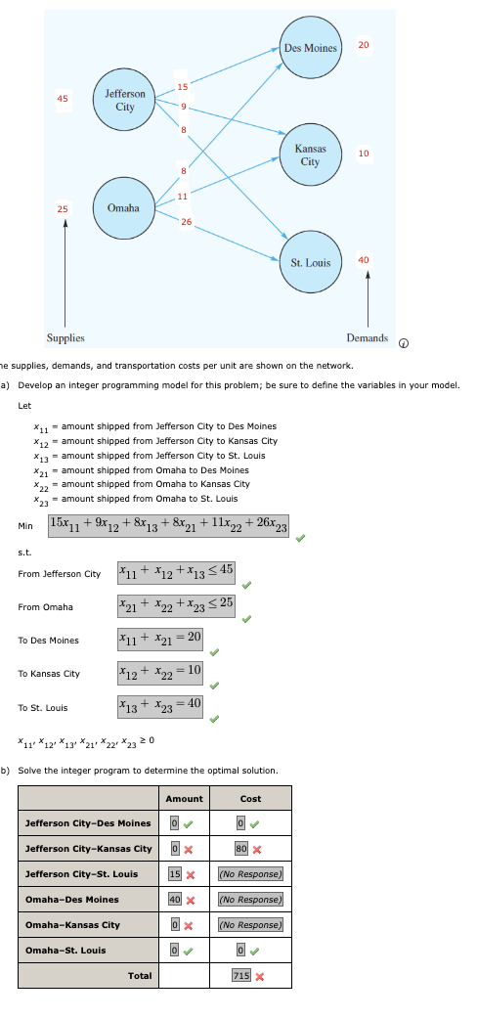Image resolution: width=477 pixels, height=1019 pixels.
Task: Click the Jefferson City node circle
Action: pos(125,100)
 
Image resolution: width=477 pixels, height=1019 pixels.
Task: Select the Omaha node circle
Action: pos(123,208)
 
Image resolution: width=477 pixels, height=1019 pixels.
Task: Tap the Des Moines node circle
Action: pos(310,48)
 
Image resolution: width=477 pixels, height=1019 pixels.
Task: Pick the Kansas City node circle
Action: pos(310,155)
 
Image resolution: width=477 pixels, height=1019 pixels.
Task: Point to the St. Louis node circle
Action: pos(310,262)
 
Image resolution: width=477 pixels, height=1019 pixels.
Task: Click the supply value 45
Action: pos(63,99)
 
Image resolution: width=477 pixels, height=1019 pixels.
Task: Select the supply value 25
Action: pos(63,208)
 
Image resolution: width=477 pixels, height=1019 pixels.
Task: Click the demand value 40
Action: pos(364,259)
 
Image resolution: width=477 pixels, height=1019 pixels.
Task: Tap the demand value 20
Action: pos(364,45)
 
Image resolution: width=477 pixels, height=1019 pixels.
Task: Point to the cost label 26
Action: pos(186,220)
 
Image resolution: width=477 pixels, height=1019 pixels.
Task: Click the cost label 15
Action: pos(182,88)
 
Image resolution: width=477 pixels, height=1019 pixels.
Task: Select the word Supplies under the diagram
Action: pos(65,338)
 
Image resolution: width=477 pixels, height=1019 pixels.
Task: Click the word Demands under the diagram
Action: pos(367,338)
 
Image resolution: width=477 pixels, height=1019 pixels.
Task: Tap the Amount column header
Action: pos(185,798)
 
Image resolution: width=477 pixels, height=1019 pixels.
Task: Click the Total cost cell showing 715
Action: pos(241,975)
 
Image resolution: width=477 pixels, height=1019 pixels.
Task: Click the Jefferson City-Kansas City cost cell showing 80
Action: pos(241,848)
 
